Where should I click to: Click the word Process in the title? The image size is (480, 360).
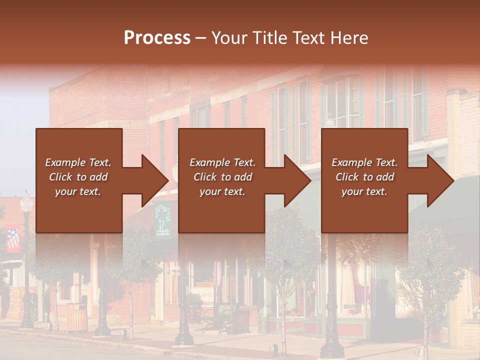tap(157, 38)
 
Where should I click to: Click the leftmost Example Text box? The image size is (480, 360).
tap(78, 180)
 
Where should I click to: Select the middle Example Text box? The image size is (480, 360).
tap(221, 180)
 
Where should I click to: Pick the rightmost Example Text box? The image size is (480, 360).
tap(364, 180)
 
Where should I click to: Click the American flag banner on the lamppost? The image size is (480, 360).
tap(13, 240)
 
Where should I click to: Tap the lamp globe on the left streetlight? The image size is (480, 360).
tap(26, 203)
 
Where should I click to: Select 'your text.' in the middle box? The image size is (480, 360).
tap(222, 191)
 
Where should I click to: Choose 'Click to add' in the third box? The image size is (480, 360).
tap(364, 177)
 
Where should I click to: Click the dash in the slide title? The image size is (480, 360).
tap(201, 38)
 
